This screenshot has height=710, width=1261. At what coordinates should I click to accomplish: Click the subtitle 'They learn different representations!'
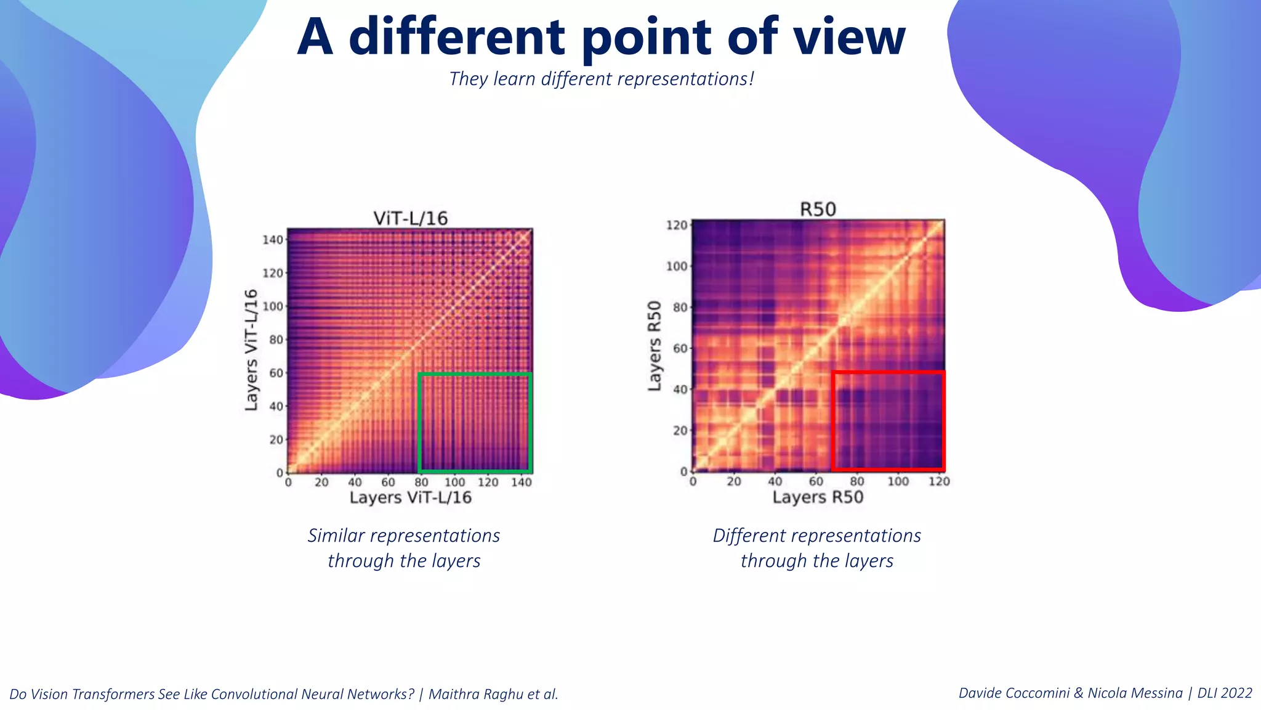(x=602, y=79)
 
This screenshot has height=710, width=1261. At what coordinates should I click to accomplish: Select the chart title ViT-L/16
(x=411, y=218)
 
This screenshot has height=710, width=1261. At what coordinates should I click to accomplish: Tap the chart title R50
(x=818, y=210)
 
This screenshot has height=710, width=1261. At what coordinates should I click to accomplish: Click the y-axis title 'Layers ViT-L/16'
(x=251, y=349)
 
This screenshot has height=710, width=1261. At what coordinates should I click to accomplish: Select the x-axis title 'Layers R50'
(x=818, y=497)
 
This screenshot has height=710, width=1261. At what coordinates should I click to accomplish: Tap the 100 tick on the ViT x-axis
(x=454, y=483)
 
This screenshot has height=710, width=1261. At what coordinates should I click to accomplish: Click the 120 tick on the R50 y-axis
(x=676, y=225)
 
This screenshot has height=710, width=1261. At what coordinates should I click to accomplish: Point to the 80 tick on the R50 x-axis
(x=856, y=481)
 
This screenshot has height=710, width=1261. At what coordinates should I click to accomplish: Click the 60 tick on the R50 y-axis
(x=679, y=348)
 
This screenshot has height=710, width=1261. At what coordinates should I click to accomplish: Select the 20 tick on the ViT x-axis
(x=321, y=483)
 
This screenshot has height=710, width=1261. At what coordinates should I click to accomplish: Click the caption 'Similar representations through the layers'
(x=404, y=548)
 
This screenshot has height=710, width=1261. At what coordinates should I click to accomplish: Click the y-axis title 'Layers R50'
(x=655, y=346)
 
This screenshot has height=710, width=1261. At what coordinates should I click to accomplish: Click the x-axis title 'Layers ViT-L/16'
(x=411, y=498)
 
